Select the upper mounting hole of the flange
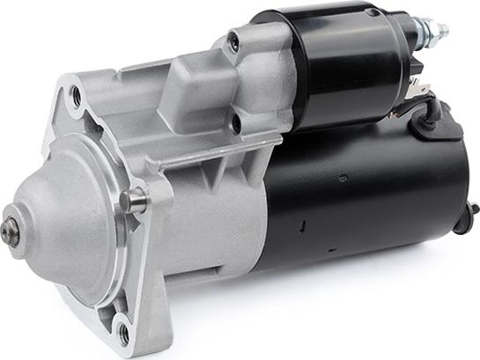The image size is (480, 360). point(77,96)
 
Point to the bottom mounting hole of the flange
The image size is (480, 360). point(122,334)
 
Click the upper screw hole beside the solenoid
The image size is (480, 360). point(235,40)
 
